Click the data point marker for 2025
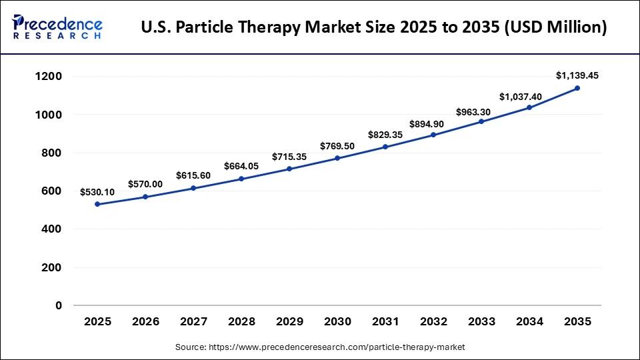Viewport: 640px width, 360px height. (97, 204)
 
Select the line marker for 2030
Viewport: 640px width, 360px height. (337, 158)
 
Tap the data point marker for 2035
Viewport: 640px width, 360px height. (577, 88)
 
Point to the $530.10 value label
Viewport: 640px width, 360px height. (97, 192)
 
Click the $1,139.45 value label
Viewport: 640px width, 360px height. (577, 75)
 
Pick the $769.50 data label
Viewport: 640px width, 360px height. (337, 145)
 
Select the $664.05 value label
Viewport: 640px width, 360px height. (241, 165)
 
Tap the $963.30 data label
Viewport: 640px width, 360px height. (481, 112)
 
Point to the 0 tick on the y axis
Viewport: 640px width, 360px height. (59, 305)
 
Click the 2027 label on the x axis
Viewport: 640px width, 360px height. (193, 322)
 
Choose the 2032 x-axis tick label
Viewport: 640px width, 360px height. (433, 322)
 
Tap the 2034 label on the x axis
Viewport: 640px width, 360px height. (529, 322)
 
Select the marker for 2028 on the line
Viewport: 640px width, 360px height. (241, 179)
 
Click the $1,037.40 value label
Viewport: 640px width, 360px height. (529, 97)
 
